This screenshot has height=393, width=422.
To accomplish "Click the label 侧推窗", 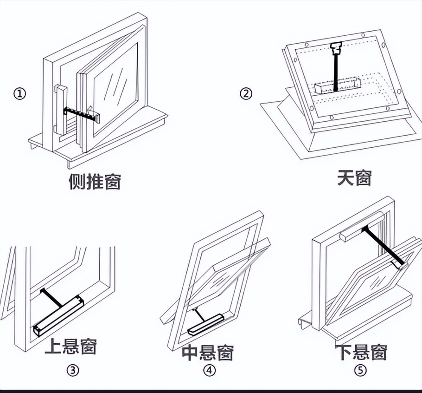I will [95, 182].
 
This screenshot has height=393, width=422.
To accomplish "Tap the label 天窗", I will [354, 177].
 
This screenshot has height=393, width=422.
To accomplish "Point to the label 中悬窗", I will [207, 353].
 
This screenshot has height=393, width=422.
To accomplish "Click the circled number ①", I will [19, 93].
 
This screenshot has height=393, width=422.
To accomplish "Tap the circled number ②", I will [246, 93].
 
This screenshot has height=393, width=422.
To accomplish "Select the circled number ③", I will [72, 370].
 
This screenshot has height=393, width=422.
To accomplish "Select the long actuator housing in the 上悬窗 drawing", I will [58, 315].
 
